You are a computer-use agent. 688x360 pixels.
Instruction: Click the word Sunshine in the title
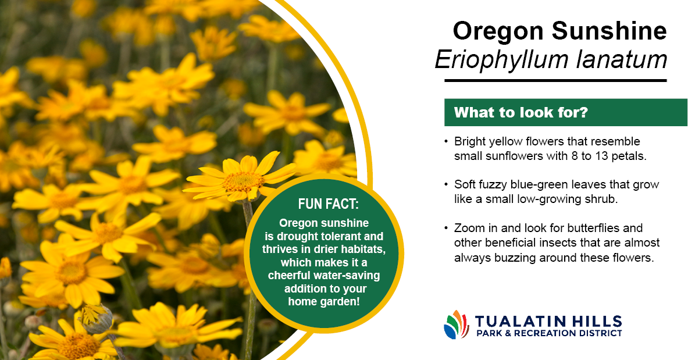(x=609, y=31)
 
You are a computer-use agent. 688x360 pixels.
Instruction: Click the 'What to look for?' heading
(x=521, y=112)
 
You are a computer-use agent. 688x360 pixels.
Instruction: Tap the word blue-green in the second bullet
(x=547, y=185)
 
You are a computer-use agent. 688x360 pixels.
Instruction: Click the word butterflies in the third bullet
(x=593, y=228)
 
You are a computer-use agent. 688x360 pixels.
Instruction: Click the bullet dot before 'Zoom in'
(x=446, y=229)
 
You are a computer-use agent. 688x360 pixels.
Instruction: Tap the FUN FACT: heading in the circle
(x=328, y=204)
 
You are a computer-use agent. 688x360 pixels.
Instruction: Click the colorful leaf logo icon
(x=457, y=325)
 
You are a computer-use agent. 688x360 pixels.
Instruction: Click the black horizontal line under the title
(x=555, y=81)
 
